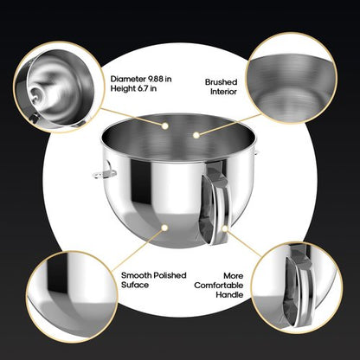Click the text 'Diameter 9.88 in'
pyautogui.click(x=141, y=79)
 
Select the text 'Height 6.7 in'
pyautogui.click(x=134, y=90)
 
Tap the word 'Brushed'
pyautogui.click(x=220, y=82)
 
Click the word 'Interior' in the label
pyautogui.click(x=221, y=93)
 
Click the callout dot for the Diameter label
pyautogui.click(x=164, y=125)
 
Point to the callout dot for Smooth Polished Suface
pyautogui.click(x=164, y=227)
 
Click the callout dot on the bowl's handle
pyautogui.click(x=224, y=229)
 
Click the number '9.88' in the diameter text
pyautogui.click(x=156, y=79)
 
